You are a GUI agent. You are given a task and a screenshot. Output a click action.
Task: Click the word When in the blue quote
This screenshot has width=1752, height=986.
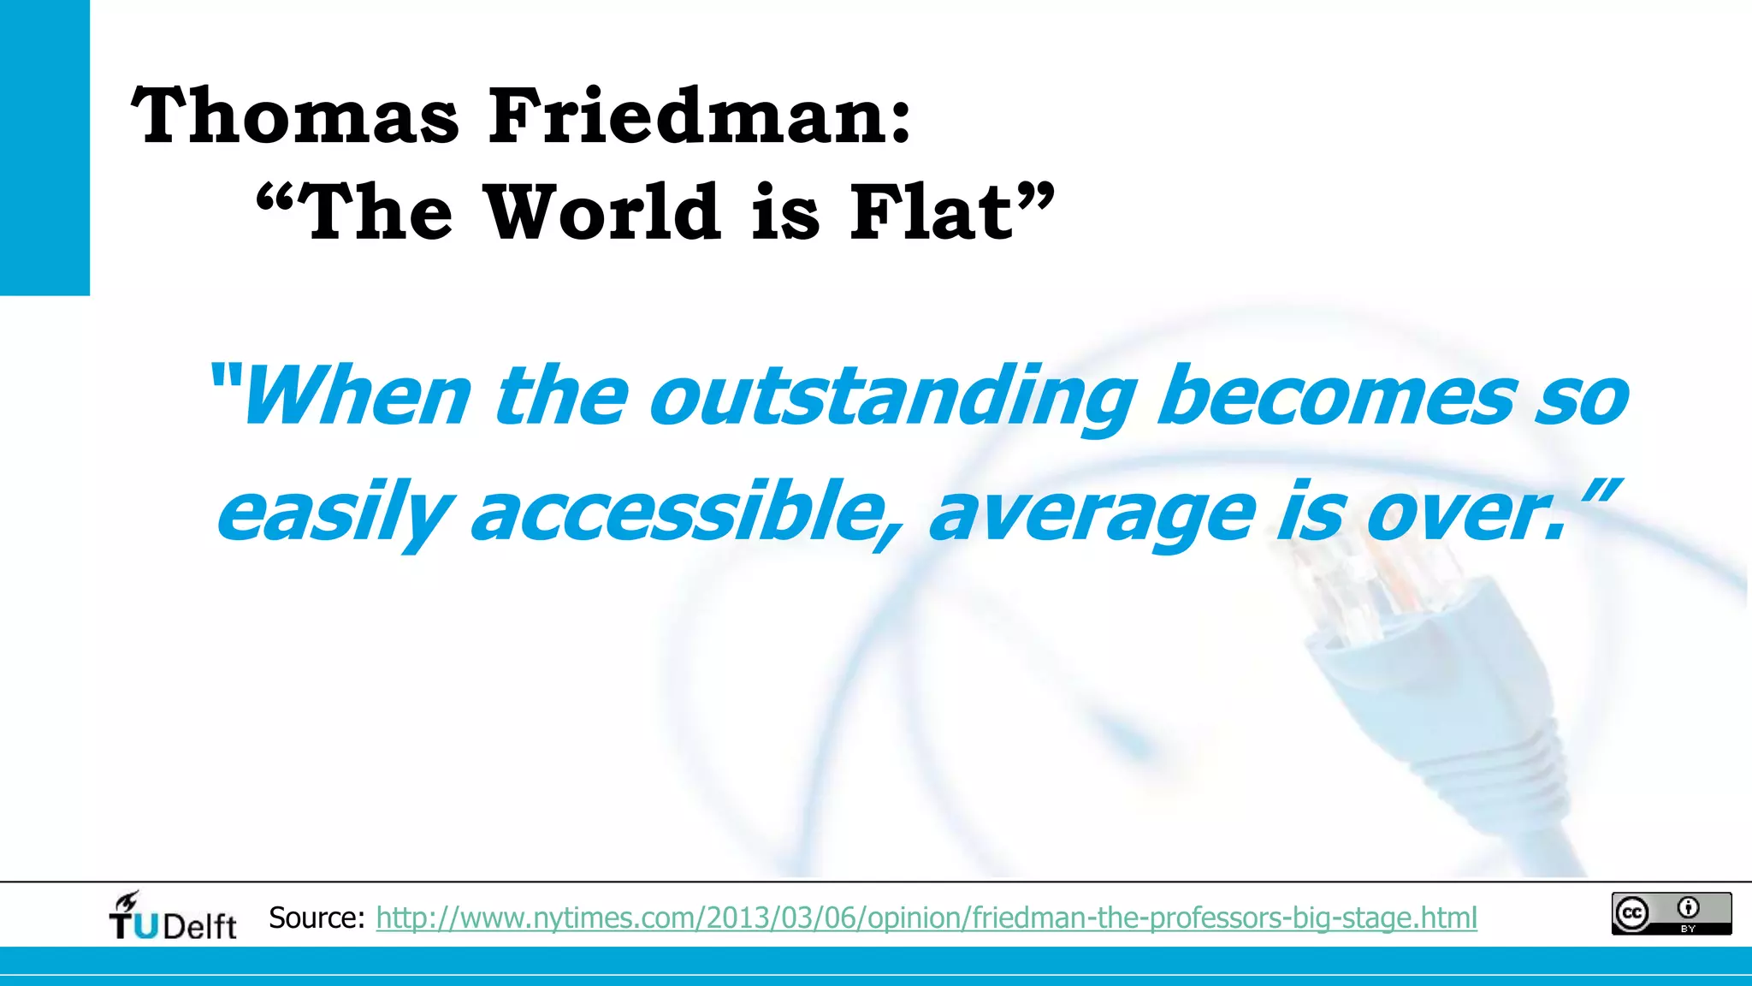[x=355, y=396]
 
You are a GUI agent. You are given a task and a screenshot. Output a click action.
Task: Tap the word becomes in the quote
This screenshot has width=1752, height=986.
[x=1335, y=396]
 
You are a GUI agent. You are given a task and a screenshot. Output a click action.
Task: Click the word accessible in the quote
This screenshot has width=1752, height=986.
[x=684, y=512]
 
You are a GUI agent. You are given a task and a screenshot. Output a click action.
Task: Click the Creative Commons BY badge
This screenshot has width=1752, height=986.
[x=1671, y=913]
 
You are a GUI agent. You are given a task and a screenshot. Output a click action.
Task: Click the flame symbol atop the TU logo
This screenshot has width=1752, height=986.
[x=127, y=901]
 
